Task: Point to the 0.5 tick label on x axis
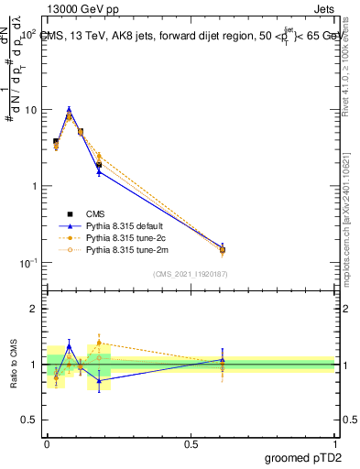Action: [x=191, y=442]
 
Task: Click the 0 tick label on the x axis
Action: [x=47, y=442]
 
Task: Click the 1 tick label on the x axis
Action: [x=334, y=442]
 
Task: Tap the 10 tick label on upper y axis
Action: [x=29, y=110]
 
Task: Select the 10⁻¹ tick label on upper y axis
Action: [x=27, y=263]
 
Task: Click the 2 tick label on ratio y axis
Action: [x=34, y=309]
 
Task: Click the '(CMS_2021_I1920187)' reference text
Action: [x=191, y=273]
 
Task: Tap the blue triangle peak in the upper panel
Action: [x=69, y=109]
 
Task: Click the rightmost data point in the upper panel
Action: [x=222, y=249]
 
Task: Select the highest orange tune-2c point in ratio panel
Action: [x=99, y=343]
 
